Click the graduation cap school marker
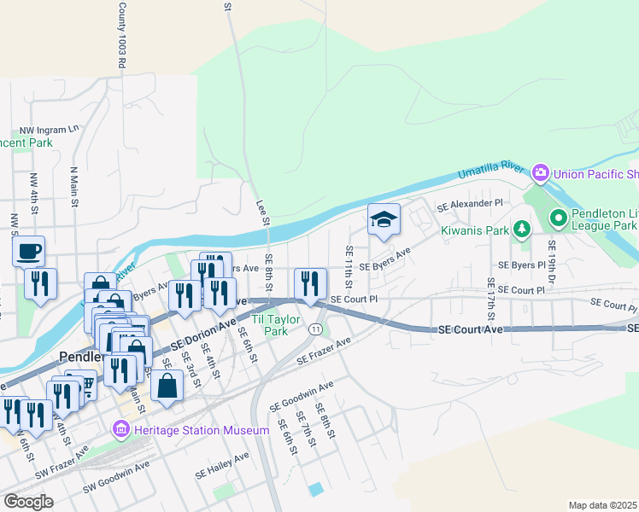(384, 220)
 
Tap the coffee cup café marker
(28, 252)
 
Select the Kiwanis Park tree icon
(520, 229)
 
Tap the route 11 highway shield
(316, 329)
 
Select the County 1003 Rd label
(122, 35)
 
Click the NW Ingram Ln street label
(50, 129)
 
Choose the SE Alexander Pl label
(471, 205)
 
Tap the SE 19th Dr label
(552, 262)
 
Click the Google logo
(29, 502)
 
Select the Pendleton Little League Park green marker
(559, 219)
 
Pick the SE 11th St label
(349, 265)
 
